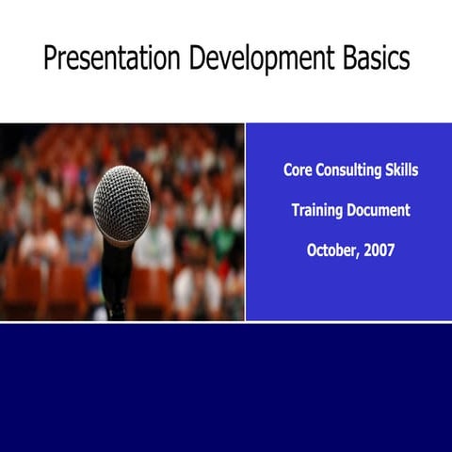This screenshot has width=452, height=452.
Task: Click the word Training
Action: coord(317,211)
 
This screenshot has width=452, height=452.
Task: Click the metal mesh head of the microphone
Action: coord(121,202)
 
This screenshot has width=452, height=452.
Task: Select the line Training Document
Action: coord(350,211)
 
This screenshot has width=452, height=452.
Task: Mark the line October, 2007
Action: coord(350,251)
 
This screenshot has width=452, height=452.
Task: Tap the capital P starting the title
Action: coord(50,59)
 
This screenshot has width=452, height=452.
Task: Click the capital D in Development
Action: coord(196,59)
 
